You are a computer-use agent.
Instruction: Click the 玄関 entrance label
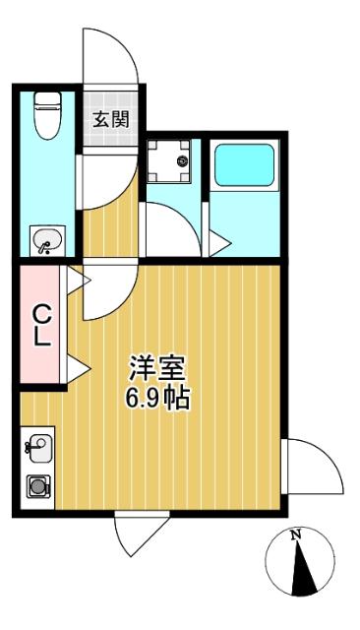[x=111, y=119]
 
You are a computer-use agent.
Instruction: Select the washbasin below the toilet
[x=47, y=240]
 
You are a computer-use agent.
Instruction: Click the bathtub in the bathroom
[x=244, y=164]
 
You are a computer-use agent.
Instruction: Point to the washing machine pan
[x=168, y=160]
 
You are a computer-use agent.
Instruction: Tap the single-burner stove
[x=38, y=486]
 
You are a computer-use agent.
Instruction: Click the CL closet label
[x=41, y=325]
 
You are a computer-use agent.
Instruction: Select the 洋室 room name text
[x=156, y=368]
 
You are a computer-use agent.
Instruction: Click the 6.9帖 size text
[x=157, y=398]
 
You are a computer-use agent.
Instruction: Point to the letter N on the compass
[x=296, y=535]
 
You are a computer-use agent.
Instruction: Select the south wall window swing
[x=142, y=535]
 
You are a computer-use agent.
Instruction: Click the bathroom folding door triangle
[x=219, y=243]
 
